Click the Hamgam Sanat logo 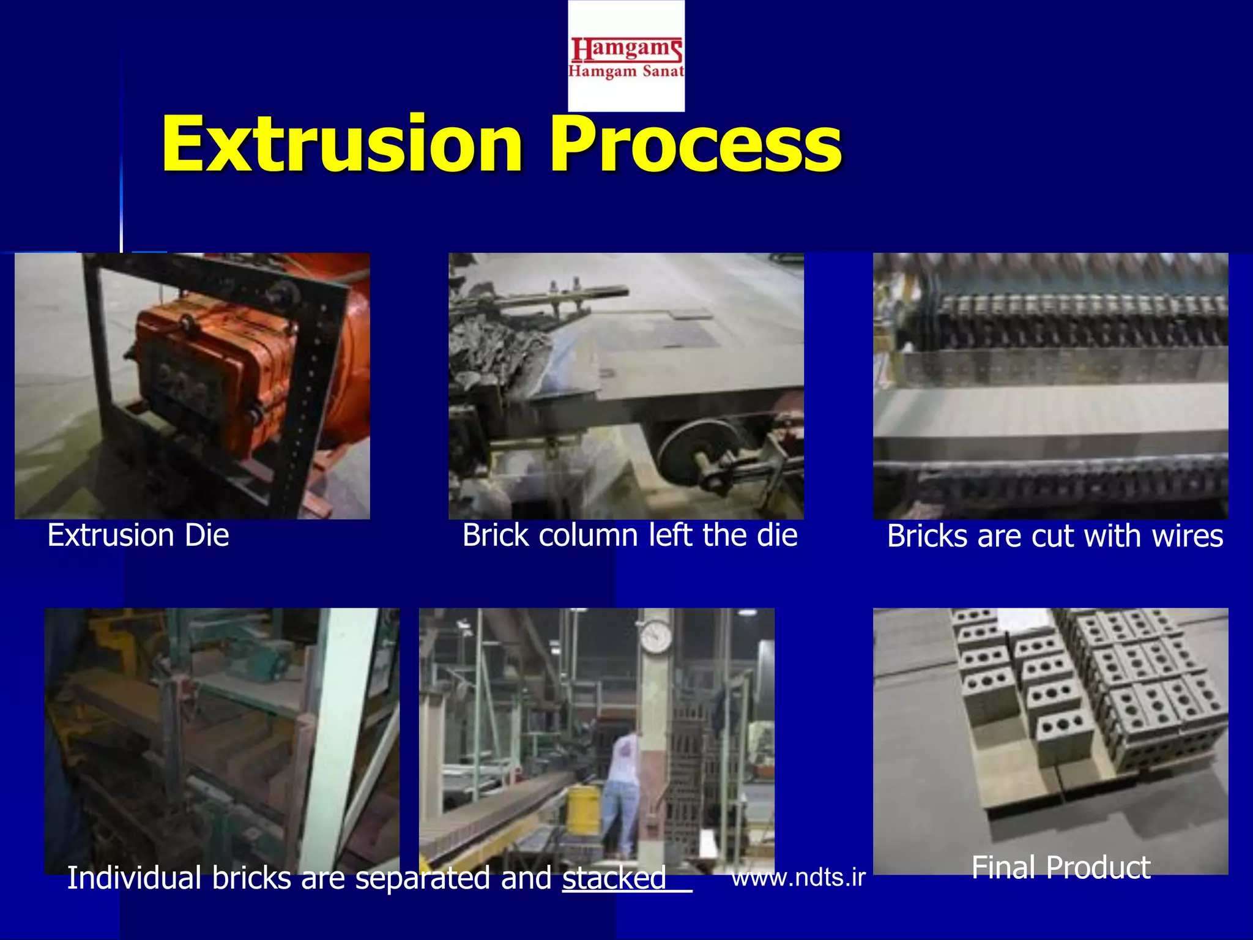(626, 56)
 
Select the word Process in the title (695, 145)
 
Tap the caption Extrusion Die (138, 535)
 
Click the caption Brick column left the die (630, 535)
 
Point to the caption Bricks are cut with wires (1055, 537)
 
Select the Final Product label (1061, 868)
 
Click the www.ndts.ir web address (798, 878)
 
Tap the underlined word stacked (614, 878)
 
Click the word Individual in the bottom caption (134, 878)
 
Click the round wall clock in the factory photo (656, 636)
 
